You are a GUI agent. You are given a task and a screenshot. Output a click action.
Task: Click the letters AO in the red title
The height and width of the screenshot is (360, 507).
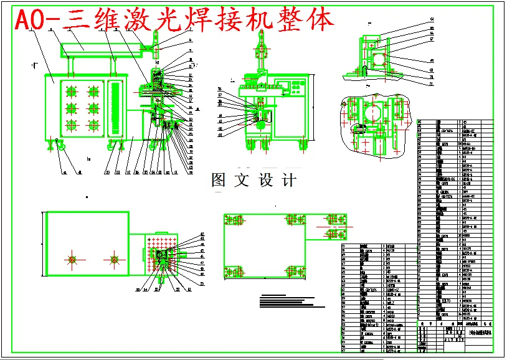tap(29, 21)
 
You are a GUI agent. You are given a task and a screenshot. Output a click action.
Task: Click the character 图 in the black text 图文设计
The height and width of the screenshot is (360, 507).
tap(219, 181)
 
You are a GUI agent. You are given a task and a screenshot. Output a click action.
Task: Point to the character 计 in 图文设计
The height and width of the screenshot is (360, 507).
tap(288, 181)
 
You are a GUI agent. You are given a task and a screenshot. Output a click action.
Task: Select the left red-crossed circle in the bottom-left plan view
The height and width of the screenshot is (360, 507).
tap(72, 259)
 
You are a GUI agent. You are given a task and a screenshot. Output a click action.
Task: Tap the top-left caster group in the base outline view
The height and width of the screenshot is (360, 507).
tap(235, 220)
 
